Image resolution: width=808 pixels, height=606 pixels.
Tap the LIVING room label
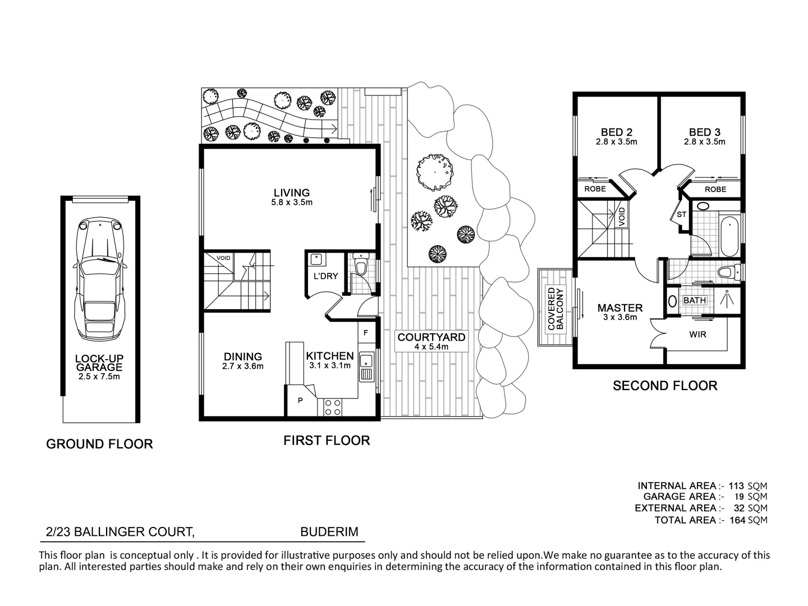pos(291,193)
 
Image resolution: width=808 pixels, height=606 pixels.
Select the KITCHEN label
pos(329,356)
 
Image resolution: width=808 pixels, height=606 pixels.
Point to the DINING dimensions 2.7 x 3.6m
pos(243,366)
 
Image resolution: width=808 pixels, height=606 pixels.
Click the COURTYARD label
pos(431,337)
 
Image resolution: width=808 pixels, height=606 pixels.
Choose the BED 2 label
pos(616,132)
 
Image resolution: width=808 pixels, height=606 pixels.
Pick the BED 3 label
pos(704,132)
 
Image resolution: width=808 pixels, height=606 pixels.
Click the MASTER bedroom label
pos(619,307)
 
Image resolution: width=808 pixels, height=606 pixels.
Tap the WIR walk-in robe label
pos(697,334)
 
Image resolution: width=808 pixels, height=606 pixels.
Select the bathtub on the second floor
pos(728,236)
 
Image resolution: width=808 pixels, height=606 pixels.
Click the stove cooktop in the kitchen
pos(332,407)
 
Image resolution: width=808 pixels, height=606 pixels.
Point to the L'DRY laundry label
pos(325,276)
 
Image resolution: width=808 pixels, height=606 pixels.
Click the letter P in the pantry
pos(300,401)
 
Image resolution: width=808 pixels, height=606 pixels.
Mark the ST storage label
pos(681,214)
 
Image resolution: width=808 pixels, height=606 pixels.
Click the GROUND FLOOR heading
pos(99,444)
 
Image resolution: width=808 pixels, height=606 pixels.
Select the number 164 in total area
pos(737,520)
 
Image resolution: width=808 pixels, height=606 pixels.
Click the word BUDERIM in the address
pos(329,531)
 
